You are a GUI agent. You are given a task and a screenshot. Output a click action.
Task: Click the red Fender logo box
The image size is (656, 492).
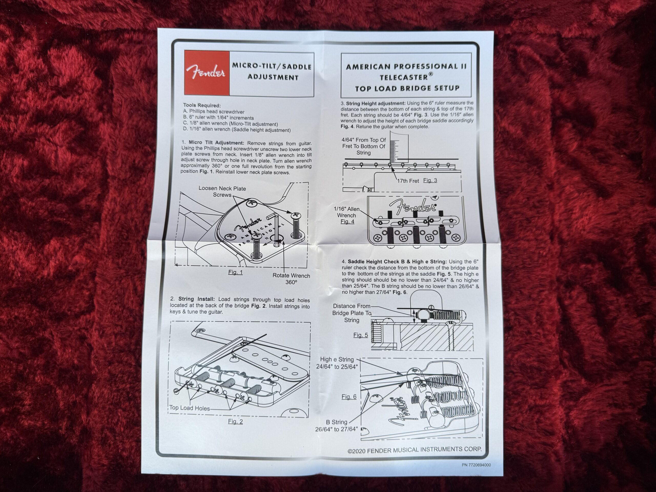207,73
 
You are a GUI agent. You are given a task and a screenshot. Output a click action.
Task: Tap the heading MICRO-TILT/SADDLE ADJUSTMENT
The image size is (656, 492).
272,72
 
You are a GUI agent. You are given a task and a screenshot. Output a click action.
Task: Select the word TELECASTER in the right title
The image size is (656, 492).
404,77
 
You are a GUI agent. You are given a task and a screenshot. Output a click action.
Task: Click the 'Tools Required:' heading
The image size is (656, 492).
202,105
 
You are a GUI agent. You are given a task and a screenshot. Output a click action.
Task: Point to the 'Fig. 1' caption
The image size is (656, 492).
235,272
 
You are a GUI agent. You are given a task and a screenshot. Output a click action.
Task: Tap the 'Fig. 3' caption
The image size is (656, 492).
430,180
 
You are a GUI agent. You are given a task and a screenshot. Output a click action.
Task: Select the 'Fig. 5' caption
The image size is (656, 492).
360,335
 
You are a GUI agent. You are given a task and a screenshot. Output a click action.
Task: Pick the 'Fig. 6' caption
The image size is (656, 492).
349,397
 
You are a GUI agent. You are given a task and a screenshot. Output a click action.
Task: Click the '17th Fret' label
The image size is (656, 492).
408,181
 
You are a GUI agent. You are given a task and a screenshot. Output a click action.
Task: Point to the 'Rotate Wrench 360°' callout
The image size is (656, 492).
291,279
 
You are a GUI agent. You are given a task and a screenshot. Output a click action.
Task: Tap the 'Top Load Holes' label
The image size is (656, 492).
190,408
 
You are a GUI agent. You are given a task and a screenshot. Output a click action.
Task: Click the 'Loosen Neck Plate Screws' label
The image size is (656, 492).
222,192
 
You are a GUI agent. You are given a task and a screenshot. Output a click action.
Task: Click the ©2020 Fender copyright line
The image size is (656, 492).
415,450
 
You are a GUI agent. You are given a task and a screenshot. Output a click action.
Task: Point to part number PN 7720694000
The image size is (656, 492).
476,465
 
